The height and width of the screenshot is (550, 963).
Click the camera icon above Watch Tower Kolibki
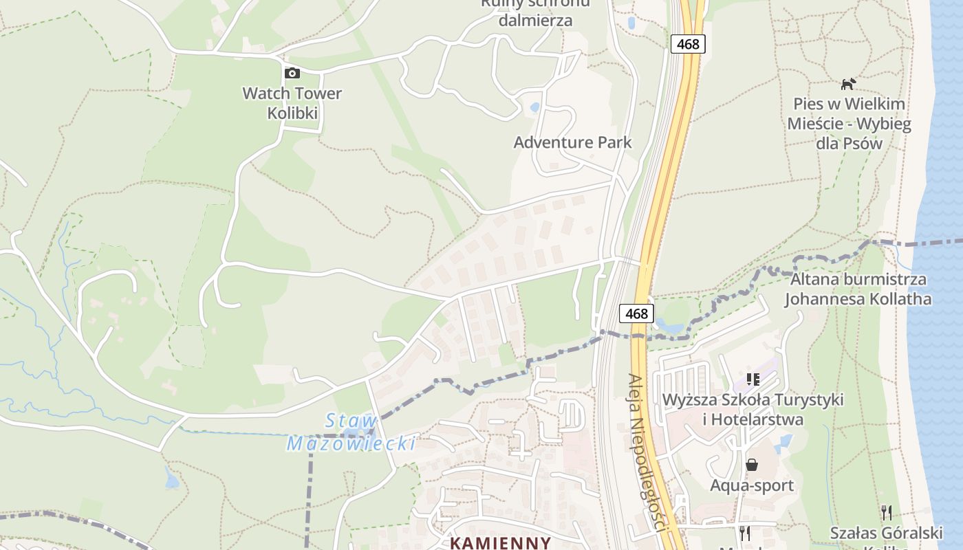pos(292,73)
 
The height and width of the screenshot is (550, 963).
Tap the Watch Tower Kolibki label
pos(292,103)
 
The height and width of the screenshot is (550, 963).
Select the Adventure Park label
pos(572,142)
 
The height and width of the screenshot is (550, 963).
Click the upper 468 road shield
pos(688,44)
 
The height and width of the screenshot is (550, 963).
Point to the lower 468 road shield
pos(637,313)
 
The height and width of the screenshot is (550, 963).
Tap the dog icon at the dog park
pos(849,84)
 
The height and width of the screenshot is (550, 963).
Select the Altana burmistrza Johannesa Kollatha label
pos(858,289)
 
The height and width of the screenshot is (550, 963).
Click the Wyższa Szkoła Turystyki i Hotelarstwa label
pos(753,409)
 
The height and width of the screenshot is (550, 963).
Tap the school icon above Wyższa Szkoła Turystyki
pos(753,379)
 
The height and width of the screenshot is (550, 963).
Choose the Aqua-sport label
pos(752,485)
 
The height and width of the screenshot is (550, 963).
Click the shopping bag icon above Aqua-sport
pos(752,465)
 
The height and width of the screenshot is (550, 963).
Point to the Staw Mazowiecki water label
pos(351,432)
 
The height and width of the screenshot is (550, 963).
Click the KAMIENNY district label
pos(500,542)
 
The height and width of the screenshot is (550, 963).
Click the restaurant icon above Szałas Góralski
pos(887,512)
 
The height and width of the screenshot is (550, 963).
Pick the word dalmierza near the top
pos(535,20)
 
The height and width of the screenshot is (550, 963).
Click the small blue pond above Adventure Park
pos(534,107)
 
